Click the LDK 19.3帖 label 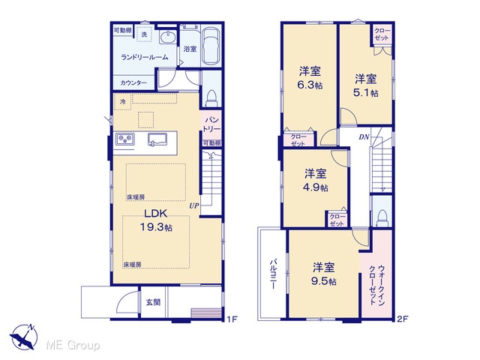(x=156, y=220)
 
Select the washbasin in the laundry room (x=168, y=37)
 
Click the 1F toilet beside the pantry (x=211, y=98)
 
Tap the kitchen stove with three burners (x=125, y=139)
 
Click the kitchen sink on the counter (x=157, y=139)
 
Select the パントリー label (x=211, y=124)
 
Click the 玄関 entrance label (x=153, y=302)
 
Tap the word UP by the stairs (x=194, y=205)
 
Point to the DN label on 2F (x=364, y=136)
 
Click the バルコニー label (x=273, y=274)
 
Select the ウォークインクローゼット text (x=376, y=285)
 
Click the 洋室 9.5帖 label (x=324, y=274)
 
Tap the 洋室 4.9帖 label (x=316, y=180)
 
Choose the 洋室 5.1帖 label (x=366, y=85)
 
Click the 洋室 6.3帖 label (x=310, y=78)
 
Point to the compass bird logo (x=23, y=337)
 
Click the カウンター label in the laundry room (x=133, y=82)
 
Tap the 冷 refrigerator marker (x=123, y=102)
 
